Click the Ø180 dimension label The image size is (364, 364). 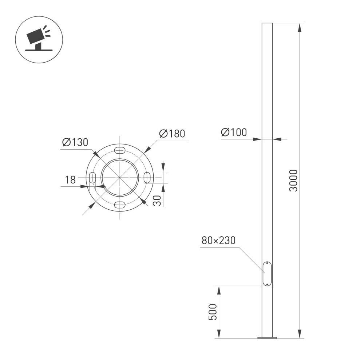coord(172,134)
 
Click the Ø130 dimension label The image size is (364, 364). coord(75,142)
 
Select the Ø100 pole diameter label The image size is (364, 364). coord(234,133)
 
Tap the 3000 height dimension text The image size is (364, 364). coord(293,181)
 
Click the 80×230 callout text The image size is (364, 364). coord(218,241)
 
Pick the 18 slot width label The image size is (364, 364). coord(70,180)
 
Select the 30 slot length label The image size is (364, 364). coord(157,201)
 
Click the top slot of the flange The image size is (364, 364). coord(120,150)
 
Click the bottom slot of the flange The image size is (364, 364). coord(120,205)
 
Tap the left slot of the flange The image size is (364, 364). coord(92,178)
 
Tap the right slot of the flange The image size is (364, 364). coord(147,178)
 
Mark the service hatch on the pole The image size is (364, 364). coord(267,273)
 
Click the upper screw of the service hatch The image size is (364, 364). coord(267,263)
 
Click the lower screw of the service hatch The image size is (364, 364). coord(267,284)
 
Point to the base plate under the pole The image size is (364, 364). coord(267,338)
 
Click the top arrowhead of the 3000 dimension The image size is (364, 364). coord(299,28)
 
